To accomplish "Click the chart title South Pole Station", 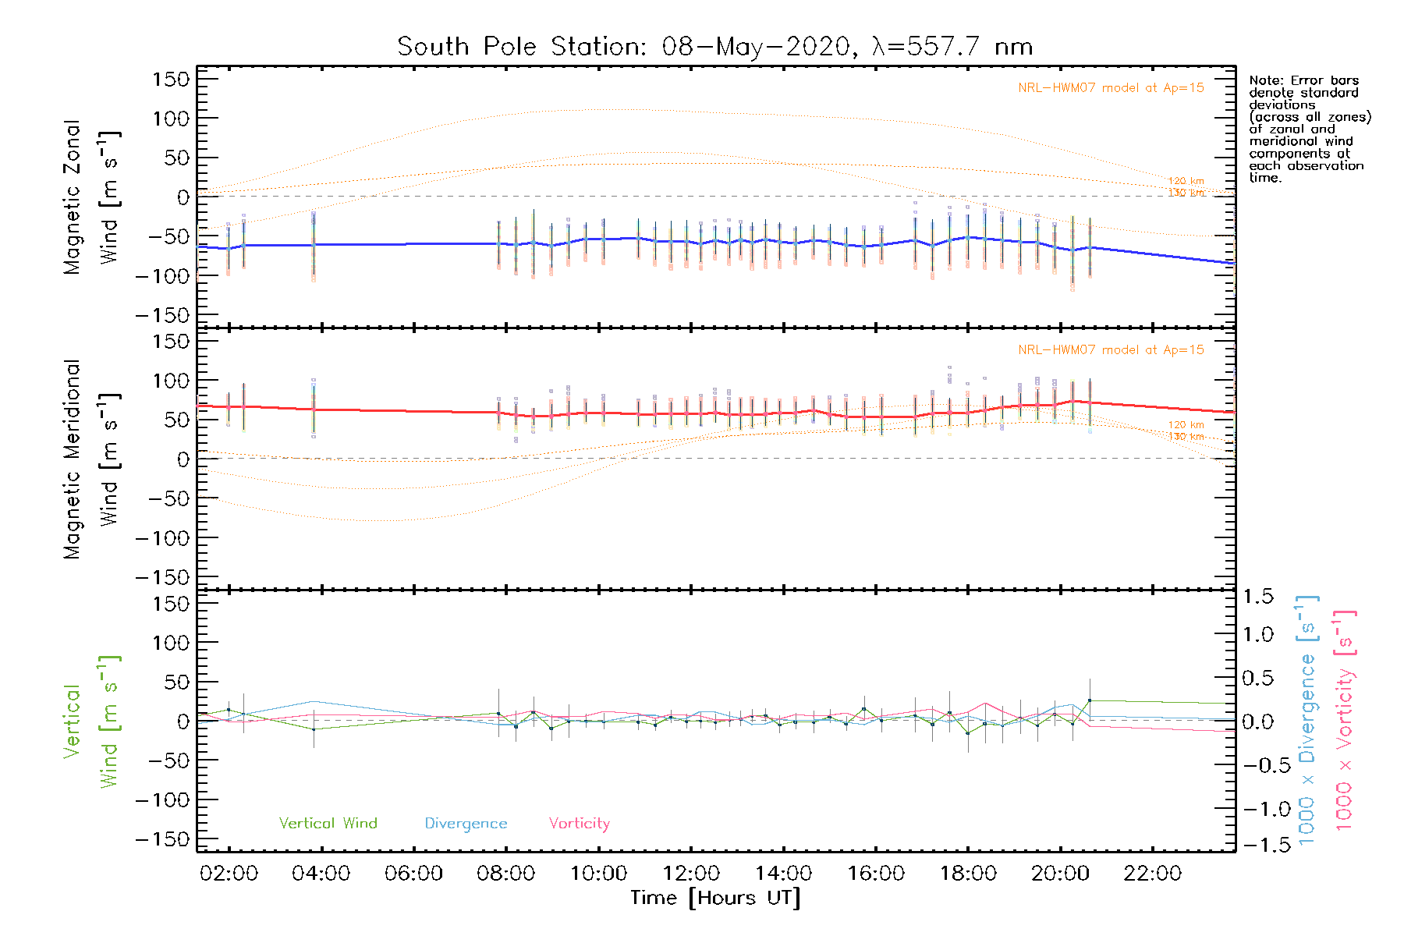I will [x=714, y=47].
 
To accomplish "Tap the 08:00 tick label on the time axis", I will [x=505, y=874].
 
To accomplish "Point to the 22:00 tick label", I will [x=1152, y=874].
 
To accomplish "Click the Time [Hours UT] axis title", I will [x=715, y=898].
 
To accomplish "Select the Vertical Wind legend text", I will [x=328, y=823].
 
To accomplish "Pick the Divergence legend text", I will [x=466, y=823].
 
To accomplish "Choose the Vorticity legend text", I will [x=579, y=823].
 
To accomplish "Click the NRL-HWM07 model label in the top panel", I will [x=1111, y=88].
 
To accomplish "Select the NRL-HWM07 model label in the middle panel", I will [x=1111, y=350].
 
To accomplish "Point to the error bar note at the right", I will [x=1309, y=129].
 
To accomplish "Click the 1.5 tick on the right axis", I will [x=1257, y=597].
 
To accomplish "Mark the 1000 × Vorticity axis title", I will [x=1345, y=720].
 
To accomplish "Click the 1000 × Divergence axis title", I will [x=1306, y=720].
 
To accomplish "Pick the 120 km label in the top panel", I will [x=1186, y=181].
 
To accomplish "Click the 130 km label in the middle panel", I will [x=1186, y=437].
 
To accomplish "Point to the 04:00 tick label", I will [x=321, y=874].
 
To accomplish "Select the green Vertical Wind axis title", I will [x=91, y=721].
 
